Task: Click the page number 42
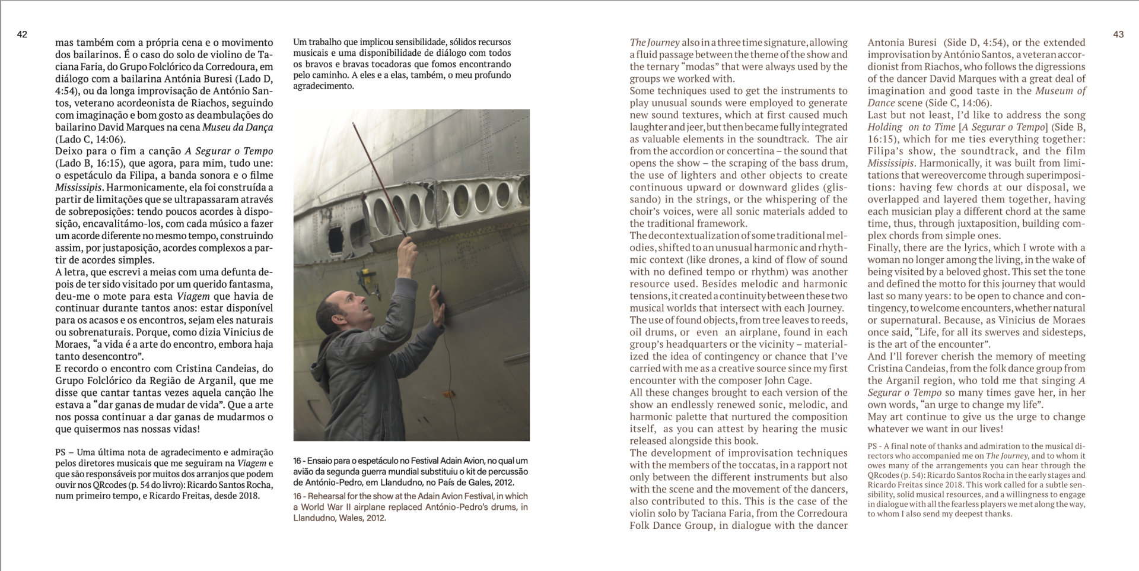pos(22,34)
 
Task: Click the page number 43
pos(1118,34)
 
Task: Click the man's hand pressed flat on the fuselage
pos(437,304)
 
